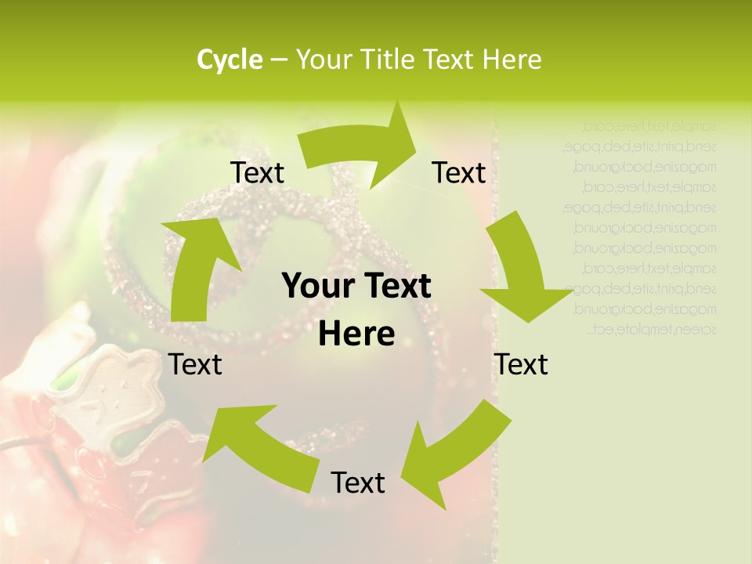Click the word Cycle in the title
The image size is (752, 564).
pos(230,60)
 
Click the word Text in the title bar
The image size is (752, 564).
pos(450,60)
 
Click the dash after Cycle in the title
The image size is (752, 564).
pos(278,60)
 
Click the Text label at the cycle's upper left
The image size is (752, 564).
pos(257,173)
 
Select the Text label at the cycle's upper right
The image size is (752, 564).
pos(459,173)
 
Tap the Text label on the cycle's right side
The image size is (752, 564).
pos(521,364)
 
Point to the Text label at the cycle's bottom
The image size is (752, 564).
pos(358,483)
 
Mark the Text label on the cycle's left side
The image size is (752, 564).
pos(195,364)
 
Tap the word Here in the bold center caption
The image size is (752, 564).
pos(356,334)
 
